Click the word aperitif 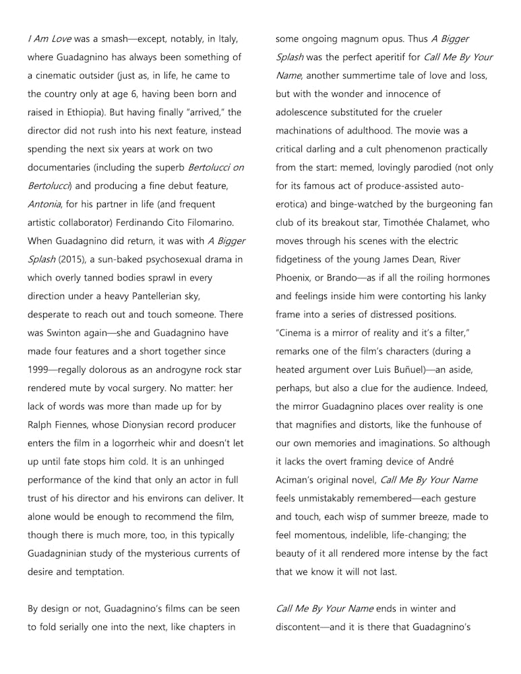click(386, 57)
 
